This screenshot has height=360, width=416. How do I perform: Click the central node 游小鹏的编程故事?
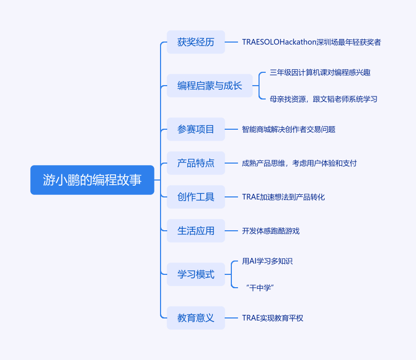click(x=92, y=180)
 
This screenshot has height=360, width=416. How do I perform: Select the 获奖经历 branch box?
click(x=196, y=42)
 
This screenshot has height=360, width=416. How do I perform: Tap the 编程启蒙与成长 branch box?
click(x=210, y=86)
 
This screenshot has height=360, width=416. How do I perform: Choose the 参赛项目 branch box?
click(x=196, y=129)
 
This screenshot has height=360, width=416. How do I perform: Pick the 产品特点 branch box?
click(x=196, y=163)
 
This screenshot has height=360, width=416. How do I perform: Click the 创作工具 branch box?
click(x=196, y=197)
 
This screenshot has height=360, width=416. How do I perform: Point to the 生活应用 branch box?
click(x=196, y=231)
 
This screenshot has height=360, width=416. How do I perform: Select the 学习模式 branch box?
click(x=196, y=274)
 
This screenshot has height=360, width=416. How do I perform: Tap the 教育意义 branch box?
click(x=196, y=318)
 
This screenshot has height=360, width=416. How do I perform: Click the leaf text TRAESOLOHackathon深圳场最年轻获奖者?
click(x=311, y=42)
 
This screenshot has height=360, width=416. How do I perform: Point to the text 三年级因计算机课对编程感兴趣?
click(x=320, y=73)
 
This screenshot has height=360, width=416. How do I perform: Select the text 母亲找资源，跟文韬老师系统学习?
click(x=323, y=99)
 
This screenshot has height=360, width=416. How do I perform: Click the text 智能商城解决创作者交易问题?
click(x=289, y=130)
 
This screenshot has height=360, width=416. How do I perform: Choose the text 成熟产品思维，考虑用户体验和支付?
click(x=299, y=164)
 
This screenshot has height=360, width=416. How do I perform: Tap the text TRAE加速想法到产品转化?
click(x=283, y=197)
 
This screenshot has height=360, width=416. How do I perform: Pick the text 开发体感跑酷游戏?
click(x=271, y=231)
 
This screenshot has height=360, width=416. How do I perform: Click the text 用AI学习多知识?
click(x=267, y=261)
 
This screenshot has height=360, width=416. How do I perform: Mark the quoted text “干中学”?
click(x=260, y=288)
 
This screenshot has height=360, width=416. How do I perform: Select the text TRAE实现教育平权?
click(x=272, y=318)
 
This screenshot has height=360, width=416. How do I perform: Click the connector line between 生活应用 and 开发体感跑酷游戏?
click(x=232, y=231)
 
